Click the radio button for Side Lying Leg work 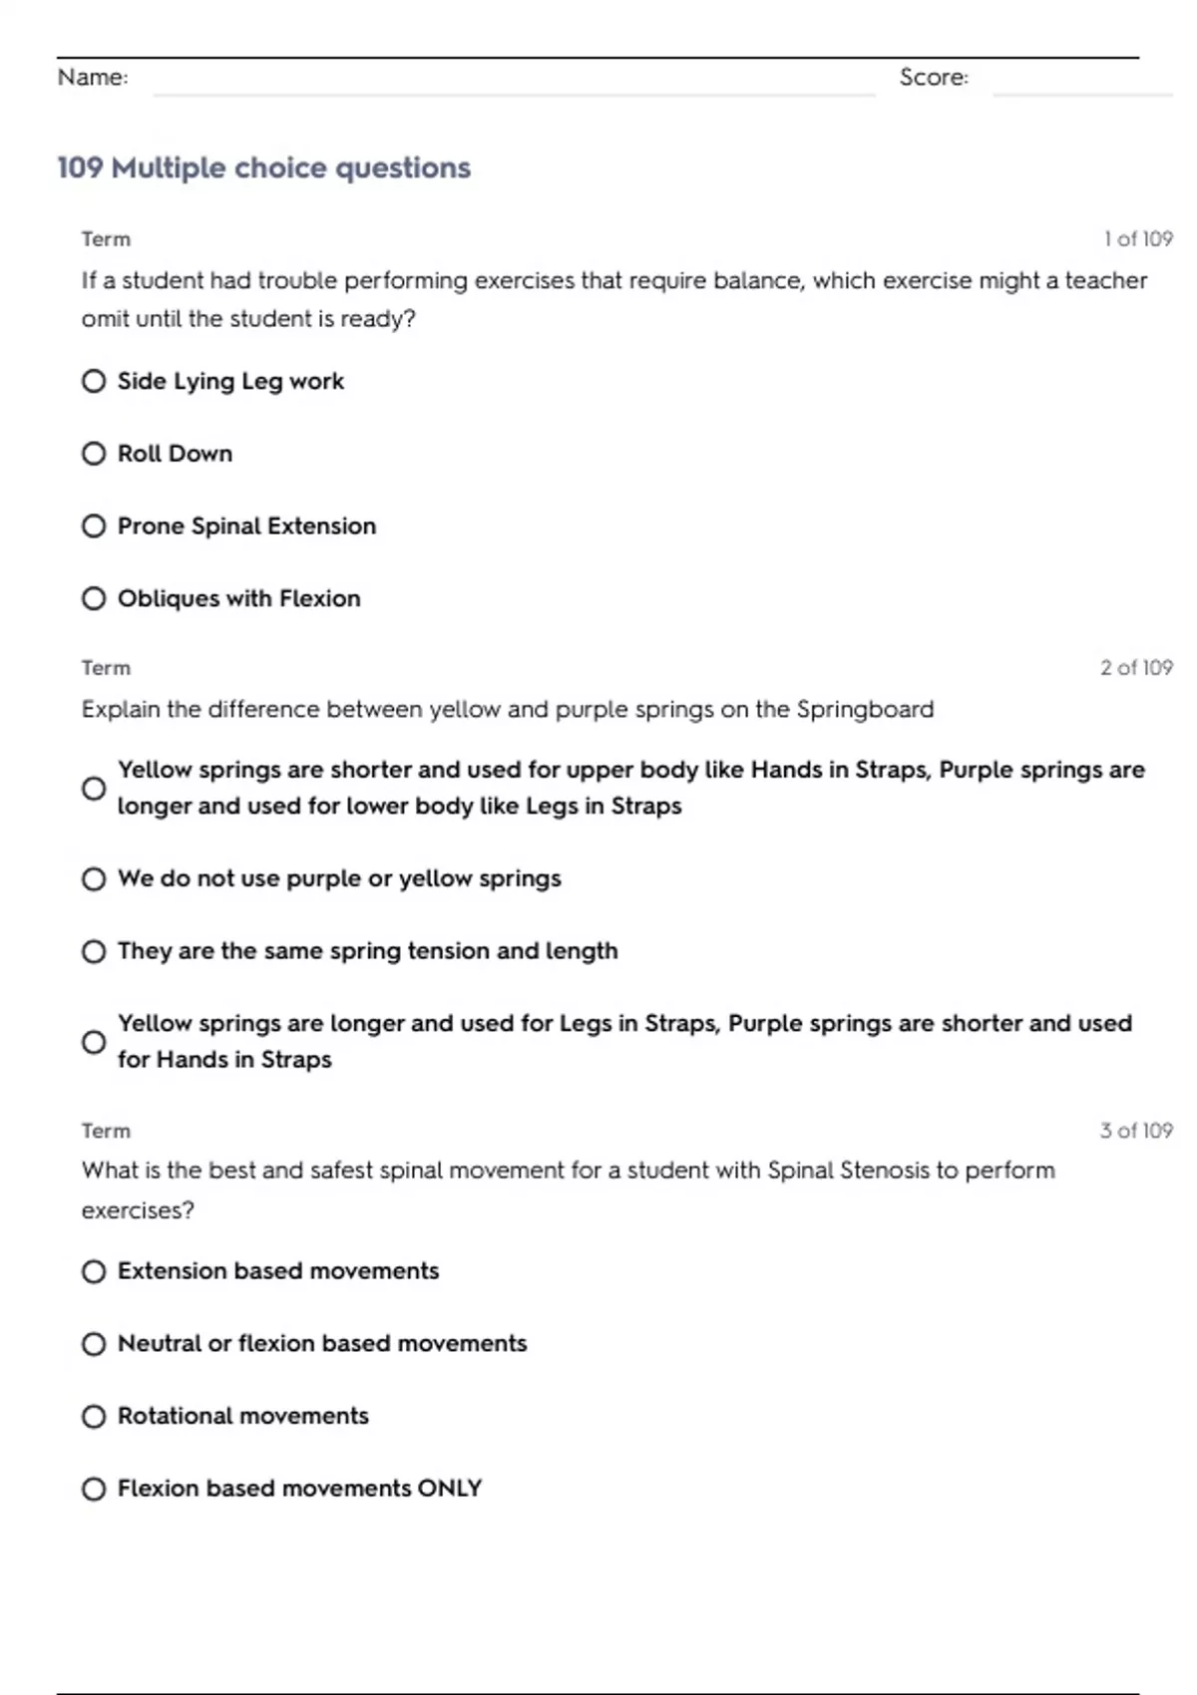[x=94, y=381]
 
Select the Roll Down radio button [x=94, y=454]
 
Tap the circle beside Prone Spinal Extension [x=94, y=525]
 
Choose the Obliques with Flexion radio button [x=94, y=598]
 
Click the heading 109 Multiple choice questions [x=263, y=168]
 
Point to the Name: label [x=93, y=77]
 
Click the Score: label [x=934, y=77]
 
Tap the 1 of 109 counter [x=1138, y=239]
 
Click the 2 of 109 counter [x=1136, y=668]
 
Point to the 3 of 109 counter [x=1136, y=1131]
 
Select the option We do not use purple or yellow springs [x=94, y=878]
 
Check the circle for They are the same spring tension [x=94, y=951]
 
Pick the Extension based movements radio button [x=94, y=1271]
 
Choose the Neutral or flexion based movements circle [x=94, y=1344]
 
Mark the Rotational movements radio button [x=94, y=1416]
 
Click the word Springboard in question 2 [x=865, y=710]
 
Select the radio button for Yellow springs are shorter [x=94, y=789]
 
